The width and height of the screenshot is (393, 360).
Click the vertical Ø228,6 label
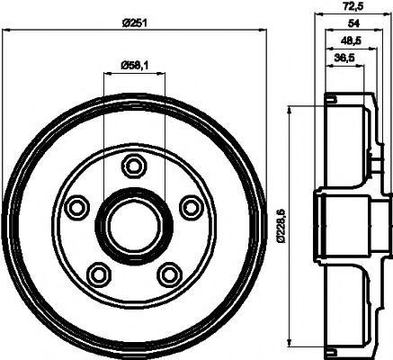280,225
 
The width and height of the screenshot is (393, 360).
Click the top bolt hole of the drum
134,165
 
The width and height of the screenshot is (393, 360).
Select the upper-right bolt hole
190,207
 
